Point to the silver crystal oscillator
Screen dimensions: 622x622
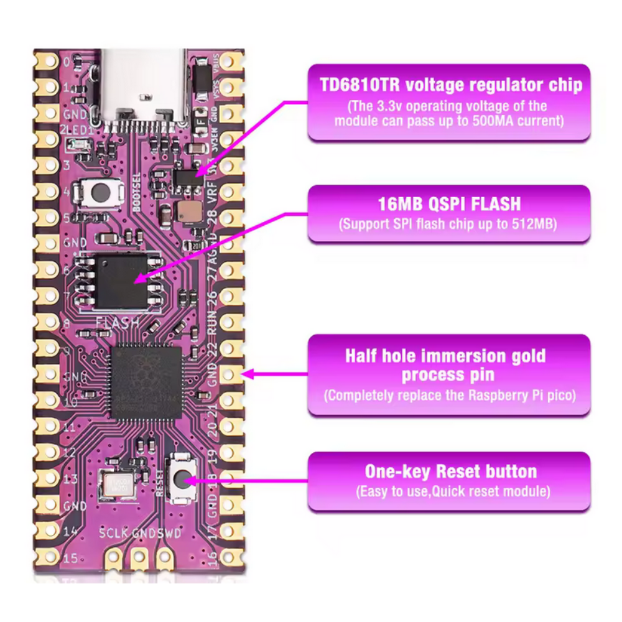(x=117, y=483)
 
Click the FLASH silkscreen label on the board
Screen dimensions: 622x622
(x=117, y=323)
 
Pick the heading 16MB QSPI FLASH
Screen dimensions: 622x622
(x=449, y=204)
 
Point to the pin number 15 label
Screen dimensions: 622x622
(x=70, y=558)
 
